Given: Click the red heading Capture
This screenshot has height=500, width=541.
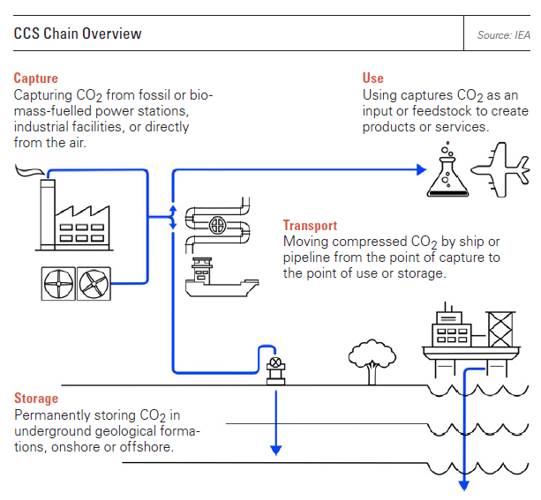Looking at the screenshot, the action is (x=36, y=78).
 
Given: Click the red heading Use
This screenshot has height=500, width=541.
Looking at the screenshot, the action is (x=373, y=78).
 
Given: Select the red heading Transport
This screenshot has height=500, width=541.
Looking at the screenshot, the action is (x=310, y=226).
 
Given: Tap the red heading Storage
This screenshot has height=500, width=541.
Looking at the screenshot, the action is (x=36, y=399).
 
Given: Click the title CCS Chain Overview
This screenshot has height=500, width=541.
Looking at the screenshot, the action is (x=78, y=34).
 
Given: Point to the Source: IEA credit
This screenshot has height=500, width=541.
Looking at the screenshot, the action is (x=503, y=34).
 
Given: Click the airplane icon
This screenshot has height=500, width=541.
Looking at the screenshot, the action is (x=500, y=169).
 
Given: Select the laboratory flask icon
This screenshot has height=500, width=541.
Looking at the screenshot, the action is (x=447, y=169).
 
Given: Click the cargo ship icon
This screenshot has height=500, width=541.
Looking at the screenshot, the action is (x=222, y=277).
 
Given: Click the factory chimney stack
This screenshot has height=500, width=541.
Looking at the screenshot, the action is (x=48, y=213).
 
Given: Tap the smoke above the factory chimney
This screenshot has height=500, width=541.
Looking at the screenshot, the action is (x=30, y=170).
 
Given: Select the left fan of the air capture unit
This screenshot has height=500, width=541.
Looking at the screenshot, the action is (x=58, y=284).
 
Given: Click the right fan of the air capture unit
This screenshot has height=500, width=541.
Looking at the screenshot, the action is (x=94, y=284).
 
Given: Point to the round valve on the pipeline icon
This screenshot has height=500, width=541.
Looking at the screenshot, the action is (x=218, y=226).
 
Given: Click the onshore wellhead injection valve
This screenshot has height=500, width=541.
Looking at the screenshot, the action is (x=275, y=371).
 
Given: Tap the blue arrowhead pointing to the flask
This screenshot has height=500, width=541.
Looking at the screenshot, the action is (x=421, y=169).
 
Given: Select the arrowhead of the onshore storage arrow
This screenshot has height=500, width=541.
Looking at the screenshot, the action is (x=276, y=451).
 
